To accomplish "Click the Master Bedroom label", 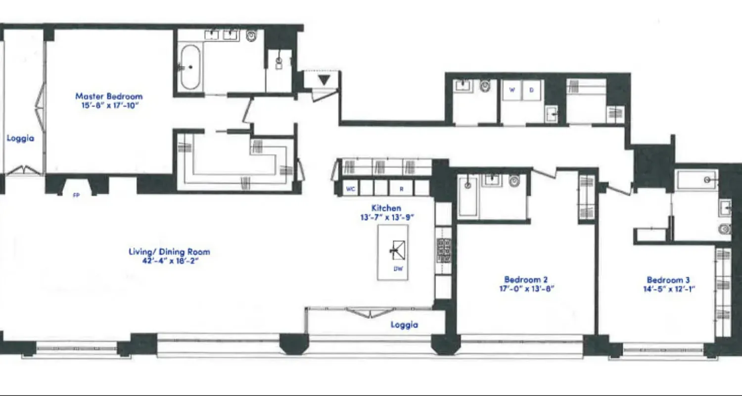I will click(109, 96).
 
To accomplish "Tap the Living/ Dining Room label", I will click(169, 251).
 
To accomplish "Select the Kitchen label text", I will click(386, 208).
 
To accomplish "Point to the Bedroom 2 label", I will click(526, 279).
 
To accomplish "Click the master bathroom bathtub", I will click(190, 67).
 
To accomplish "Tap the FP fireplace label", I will click(77, 195).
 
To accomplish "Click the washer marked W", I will click(512, 91).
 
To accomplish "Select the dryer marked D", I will click(532, 91).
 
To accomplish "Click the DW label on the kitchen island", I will click(397, 269).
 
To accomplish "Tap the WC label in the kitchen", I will click(351, 189).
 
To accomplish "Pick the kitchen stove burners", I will click(444, 250).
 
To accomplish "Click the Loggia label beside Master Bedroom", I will click(20, 138).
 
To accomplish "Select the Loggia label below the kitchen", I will click(404, 325).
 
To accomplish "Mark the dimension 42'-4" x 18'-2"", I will click(169, 261).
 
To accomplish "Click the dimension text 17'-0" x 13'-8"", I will click(526, 289).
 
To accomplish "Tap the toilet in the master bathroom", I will click(252, 35).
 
